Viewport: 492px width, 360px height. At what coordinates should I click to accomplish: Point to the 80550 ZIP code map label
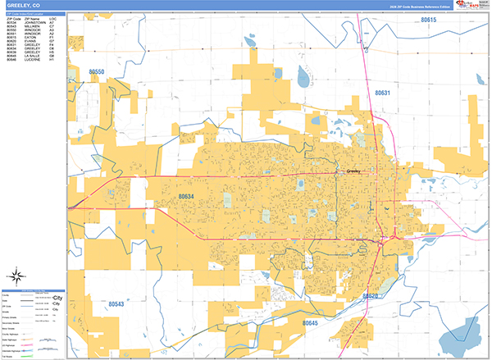pyautogui.click(x=97, y=72)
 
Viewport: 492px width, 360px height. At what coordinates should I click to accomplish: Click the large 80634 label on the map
pyautogui.click(x=186, y=197)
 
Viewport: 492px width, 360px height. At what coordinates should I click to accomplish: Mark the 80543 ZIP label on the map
pyautogui.click(x=116, y=304)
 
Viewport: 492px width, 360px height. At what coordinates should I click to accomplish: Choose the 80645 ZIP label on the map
pyautogui.click(x=310, y=323)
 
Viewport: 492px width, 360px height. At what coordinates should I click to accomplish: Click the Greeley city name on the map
pyautogui.click(x=354, y=171)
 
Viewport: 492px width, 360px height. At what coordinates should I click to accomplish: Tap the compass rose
pyautogui.click(x=18, y=276)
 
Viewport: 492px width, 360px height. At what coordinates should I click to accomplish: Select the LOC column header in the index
pyautogui.click(x=52, y=19)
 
